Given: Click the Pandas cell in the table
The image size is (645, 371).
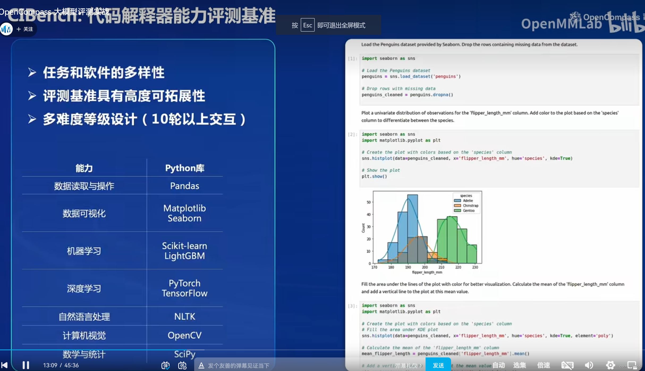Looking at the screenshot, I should (184, 186).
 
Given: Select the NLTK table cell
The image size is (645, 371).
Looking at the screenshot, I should (184, 317).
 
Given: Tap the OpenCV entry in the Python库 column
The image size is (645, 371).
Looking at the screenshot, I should (184, 335).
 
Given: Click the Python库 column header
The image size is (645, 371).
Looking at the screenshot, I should (184, 168).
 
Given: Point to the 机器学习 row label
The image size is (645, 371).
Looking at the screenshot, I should (84, 251).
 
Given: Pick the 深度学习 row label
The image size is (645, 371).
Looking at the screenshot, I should (84, 288).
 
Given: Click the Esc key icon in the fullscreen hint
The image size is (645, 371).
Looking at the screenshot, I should (307, 25).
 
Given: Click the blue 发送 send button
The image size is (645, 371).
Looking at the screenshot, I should (438, 365).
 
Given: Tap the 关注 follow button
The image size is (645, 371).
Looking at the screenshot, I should (25, 29).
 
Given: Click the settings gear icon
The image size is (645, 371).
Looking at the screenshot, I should (610, 365).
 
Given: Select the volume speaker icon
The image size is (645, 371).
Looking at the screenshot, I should (589, 365).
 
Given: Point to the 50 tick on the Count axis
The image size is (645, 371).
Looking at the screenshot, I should (368, 202).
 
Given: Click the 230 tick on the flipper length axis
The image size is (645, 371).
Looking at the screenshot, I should (475, 267).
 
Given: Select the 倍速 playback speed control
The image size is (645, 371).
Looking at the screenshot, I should (544, 365).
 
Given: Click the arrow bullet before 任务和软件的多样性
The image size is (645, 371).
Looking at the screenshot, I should (32, 73).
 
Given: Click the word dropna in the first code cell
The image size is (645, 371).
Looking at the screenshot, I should (440, 95).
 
